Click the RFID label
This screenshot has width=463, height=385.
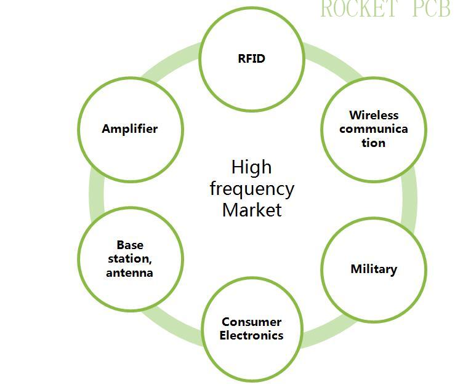[251, 59]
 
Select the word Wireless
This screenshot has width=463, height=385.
[374, 115]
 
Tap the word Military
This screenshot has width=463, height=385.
[374, 269]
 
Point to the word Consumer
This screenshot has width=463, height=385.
[251, 322]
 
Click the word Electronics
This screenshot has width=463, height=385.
[251, 335]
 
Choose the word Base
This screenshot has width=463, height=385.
[130, 245]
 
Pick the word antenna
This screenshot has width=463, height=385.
[130, 272]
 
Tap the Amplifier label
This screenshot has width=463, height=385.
[130, 129]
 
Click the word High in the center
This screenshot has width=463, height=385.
[251, 167]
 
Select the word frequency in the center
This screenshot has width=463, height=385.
[251, 188]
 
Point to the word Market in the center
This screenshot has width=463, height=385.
[251, 210]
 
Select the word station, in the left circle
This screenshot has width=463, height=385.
[130, 259]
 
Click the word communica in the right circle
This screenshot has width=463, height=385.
[374, 129]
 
